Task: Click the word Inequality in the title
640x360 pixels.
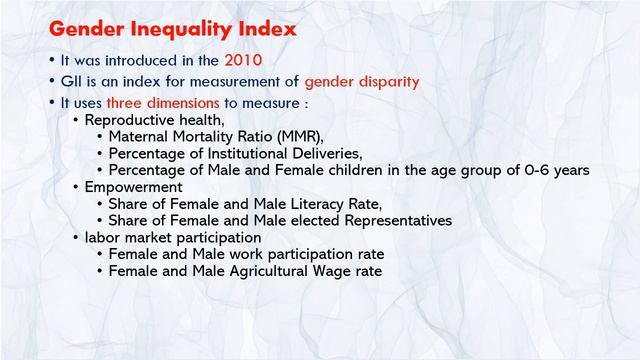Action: click(x=174, y=26)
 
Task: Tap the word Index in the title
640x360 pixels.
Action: click(x=262, y=26)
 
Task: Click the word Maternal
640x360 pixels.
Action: click(x=141, y=136)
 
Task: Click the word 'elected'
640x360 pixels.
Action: click(x=306, y=220)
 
